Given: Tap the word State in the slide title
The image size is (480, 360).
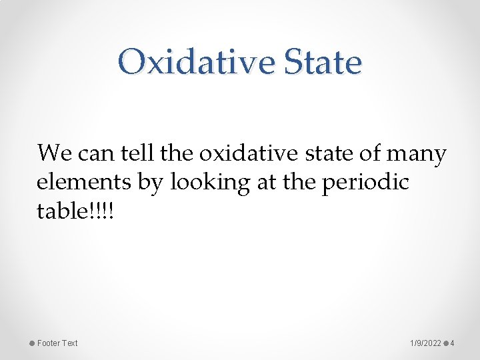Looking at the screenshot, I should [323, 63].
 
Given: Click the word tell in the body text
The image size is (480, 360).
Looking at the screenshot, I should [138, 153].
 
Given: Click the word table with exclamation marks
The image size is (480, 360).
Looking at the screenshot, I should [75, 212].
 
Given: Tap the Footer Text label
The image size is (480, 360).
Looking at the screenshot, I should [57, 343].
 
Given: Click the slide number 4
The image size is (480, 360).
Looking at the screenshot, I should [453, 343].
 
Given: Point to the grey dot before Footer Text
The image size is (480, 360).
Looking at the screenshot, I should [31, 343].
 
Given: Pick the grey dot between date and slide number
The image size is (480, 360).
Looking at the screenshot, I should [445, 343].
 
